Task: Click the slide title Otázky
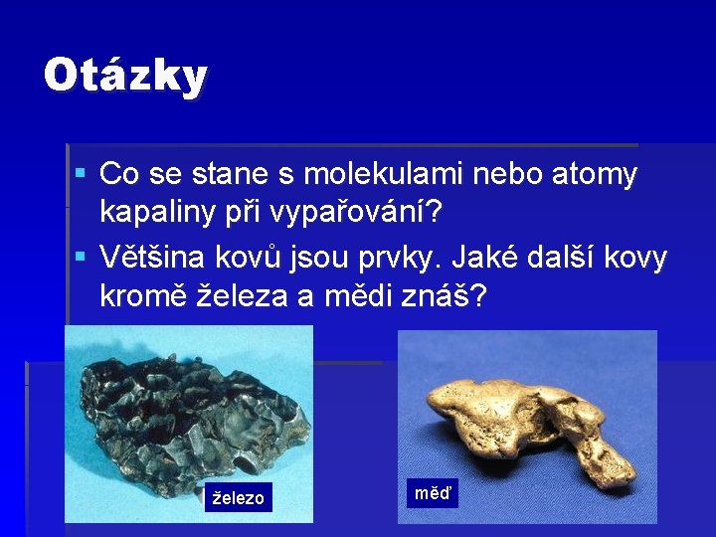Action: click(x=125, y=76)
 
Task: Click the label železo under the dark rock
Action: click(x=237, y=498)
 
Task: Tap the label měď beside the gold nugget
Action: click(x=432, y=491)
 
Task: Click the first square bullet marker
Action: click(x=81, y=174)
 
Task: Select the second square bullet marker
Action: click(x=81, y=257)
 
